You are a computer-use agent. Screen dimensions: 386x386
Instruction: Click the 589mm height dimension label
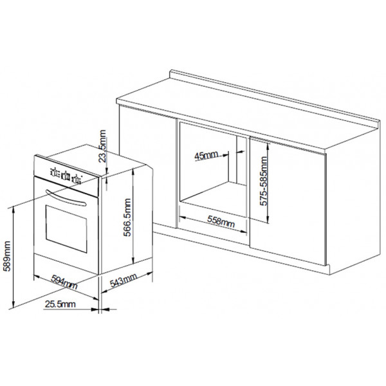click(x=7, y=256)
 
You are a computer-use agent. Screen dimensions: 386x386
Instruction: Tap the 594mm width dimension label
click(x=64, y=282)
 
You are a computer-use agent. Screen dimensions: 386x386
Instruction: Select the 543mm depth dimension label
click(x=124, y=280)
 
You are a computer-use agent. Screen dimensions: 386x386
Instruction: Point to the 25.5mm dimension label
click(x=60, y=304)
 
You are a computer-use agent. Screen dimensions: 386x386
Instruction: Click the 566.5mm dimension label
click(x=127, y=217)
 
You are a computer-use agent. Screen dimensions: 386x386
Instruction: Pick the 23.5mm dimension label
click(x=102, y=146)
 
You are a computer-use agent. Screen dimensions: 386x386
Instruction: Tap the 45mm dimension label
click(x=206, y=155)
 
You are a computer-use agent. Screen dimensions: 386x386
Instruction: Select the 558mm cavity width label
click(x=221, y=221)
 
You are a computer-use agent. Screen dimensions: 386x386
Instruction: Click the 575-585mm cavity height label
click(x=264, y=181)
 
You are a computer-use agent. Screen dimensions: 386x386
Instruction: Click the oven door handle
click(x=66, y=197)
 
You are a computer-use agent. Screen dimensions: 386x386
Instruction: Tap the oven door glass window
click(x=66, y=229)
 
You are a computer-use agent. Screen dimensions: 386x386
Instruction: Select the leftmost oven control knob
click(x=54, y=172)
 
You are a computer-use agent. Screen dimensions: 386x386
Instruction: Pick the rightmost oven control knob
click(x=77, y=179)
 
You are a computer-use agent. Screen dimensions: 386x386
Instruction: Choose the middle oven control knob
click(x=66, y=176)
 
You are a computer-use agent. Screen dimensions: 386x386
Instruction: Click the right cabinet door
click(x=288, y=202)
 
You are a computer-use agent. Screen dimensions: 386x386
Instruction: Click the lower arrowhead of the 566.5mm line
click(x=133, y=262)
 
